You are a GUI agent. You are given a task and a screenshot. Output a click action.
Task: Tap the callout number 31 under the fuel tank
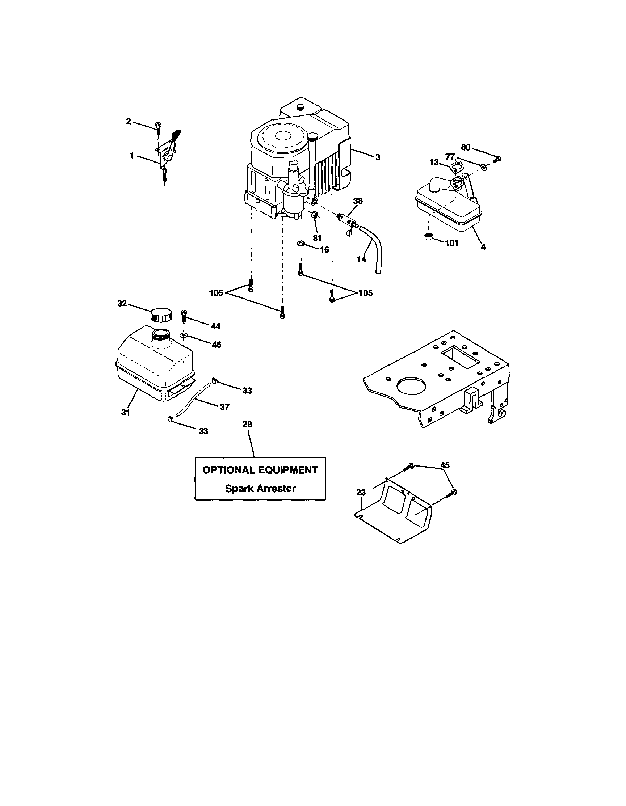[x=126, y=413]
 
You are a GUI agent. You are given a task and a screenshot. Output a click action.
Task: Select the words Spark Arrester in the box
[x=260, y=489]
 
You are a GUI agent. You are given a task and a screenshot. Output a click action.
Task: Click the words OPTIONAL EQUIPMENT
[x=260, y=470]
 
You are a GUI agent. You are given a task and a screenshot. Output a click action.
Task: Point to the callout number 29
[x=247, y=425]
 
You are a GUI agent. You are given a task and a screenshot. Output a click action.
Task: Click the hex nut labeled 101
[x=428, y=237]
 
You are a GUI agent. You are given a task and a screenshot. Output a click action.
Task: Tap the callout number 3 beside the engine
[x=378, y=157]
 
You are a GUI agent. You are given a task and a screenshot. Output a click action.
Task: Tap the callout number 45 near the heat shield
[x=445, y=465]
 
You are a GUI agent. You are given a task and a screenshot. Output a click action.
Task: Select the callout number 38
[x=358, y=201]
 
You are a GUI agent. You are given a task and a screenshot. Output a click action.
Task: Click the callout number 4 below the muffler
[x=483, y=247]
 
